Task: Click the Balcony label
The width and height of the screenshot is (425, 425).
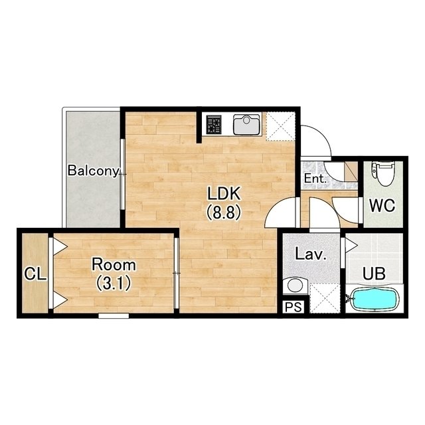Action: [x=93, y=171]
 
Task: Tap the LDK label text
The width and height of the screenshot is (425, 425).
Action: [x=224, y=194]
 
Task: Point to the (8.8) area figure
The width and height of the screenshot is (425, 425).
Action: [x=224, y=212]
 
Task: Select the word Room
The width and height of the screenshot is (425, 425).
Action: [x=114, y=265]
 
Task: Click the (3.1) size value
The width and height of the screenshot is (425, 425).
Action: [x=114, y=283]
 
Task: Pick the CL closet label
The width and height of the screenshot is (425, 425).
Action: [x=35, y=274]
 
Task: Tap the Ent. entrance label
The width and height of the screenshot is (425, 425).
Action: [x=315, y=179]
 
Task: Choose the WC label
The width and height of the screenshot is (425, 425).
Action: [x=382, y=206]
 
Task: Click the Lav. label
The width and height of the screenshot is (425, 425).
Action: [x=310, y=255]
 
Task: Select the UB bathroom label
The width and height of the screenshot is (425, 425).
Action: [x=374, y=274]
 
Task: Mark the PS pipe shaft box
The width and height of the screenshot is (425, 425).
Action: [x=294, y=307]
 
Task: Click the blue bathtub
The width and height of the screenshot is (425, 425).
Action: [x=375, y=299]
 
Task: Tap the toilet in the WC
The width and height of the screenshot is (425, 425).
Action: [x=382, y=173]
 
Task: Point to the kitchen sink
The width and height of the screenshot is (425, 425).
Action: [x=246, y=124]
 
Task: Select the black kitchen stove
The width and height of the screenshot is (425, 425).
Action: [x=214, y=124]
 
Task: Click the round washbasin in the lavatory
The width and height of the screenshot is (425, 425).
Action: [x=295, y=286]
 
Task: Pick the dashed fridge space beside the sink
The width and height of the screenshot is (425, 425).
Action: [x=280, y=126]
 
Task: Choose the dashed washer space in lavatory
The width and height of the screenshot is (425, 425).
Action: [x=325, y=298]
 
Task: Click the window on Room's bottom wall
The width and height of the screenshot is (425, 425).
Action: [x=114, y=315]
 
